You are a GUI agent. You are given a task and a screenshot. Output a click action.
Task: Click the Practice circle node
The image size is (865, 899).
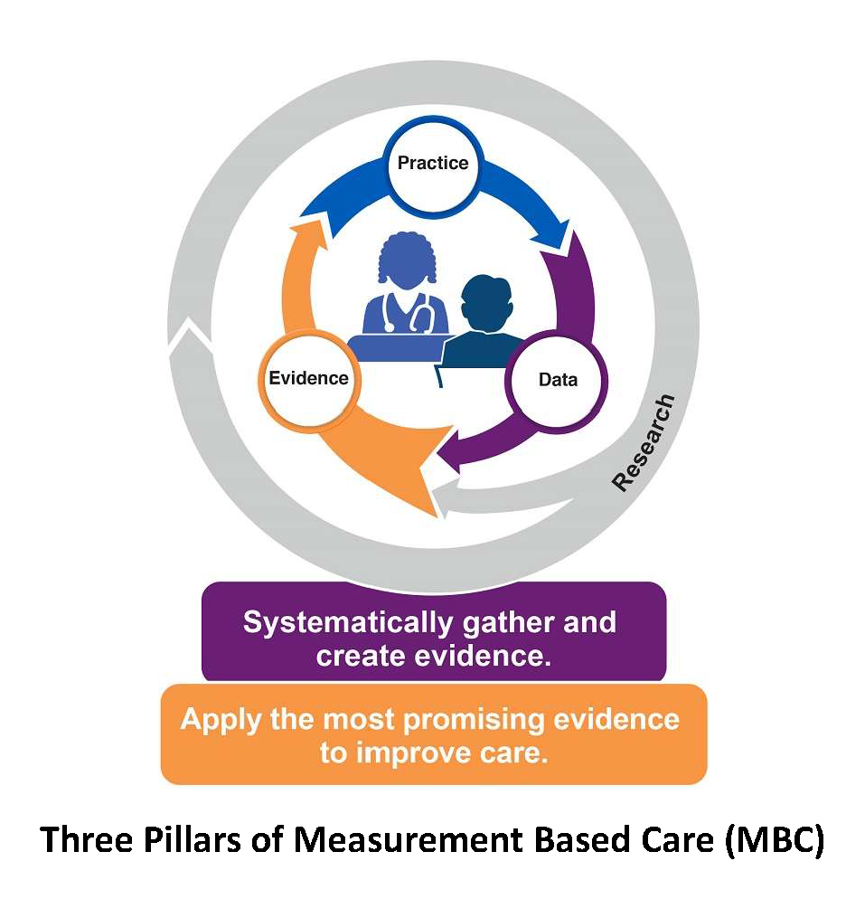(433, 164)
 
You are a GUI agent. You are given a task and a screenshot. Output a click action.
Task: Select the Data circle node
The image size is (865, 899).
(557, 379)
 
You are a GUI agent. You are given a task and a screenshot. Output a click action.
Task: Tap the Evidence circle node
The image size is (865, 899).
(308, 378)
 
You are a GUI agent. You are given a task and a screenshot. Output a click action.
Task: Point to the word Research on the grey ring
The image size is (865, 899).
(643, 442)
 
